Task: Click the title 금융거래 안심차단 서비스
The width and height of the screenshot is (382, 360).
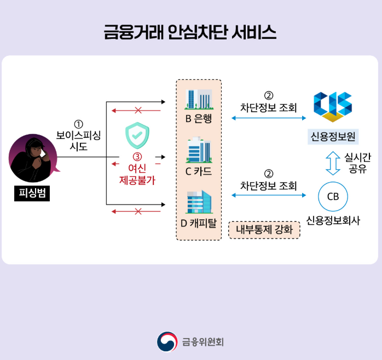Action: [190, 33]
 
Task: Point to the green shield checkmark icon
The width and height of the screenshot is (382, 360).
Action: [137, 136]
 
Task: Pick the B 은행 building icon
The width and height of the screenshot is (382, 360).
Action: [199, 100]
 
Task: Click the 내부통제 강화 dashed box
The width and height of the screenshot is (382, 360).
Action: [264, 229]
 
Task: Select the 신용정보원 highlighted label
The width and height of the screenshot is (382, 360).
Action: [333, 135]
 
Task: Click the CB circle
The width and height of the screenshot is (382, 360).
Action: [333, 196]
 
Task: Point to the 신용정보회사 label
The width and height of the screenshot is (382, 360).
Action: [333, 221]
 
